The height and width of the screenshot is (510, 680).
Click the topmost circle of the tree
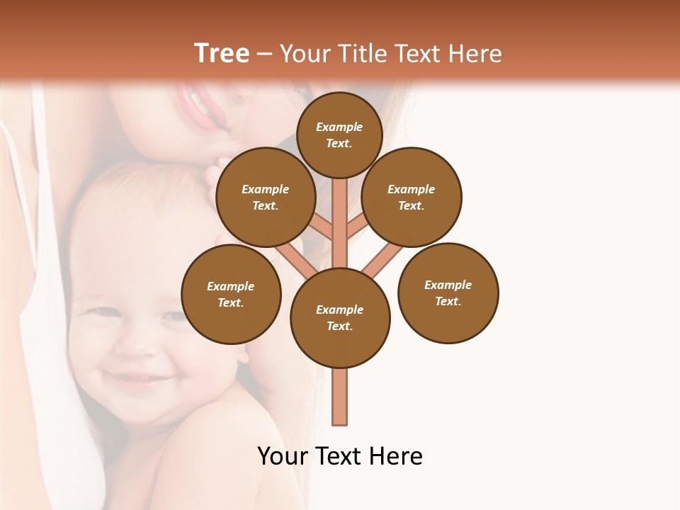(339, 135)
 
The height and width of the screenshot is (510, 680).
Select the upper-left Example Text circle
(266, 197)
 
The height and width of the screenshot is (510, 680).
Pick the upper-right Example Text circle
(412, 197)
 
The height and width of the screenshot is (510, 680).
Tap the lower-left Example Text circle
(231, 294)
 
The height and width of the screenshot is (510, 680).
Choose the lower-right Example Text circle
(448, 293)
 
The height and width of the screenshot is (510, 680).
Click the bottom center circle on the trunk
(340, 317)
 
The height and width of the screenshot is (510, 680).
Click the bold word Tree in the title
(222, 53)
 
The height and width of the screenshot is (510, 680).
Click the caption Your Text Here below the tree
(340, 456)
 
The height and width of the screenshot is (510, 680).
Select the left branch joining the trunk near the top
(322, 227)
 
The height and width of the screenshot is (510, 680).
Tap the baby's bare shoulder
(212, 453)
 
